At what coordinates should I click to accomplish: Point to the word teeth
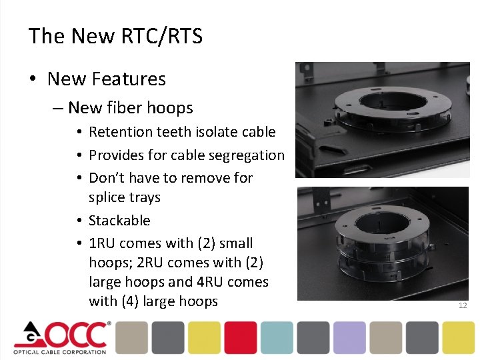click(175, 133)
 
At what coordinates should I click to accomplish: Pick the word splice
click(105, 197)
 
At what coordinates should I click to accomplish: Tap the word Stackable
click(119, 221)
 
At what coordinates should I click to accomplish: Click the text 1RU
click(102, 243)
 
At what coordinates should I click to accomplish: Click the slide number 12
click(463, 305)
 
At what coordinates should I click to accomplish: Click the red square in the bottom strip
click(241, 337)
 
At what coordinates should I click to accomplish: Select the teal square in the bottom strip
click(277, 337)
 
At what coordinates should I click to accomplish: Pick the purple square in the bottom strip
click(349, 337)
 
